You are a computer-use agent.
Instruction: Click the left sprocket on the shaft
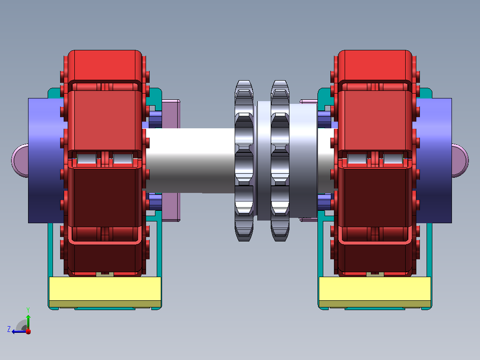pyautogui.click(x=244, y=161)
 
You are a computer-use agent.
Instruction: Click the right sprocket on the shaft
pyautogui.click(x=280, y=161)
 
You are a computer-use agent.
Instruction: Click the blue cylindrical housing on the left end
pyautogui.click(x=46, y=160)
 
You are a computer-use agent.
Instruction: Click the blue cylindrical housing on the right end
pyautogui.click(x=434, y=160)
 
